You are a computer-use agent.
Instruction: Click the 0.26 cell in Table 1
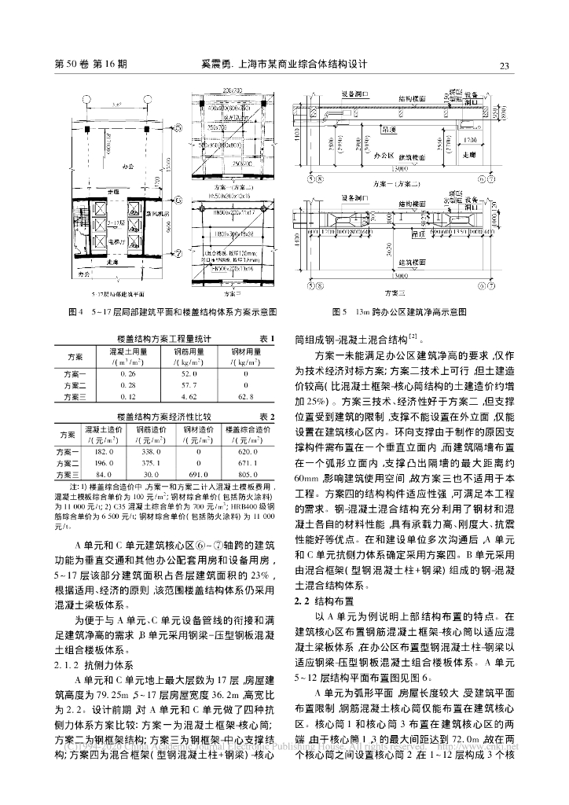pos(127,375)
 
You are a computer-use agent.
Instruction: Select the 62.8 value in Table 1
pos(248,397)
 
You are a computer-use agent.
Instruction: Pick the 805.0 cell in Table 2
pos(247,475)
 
